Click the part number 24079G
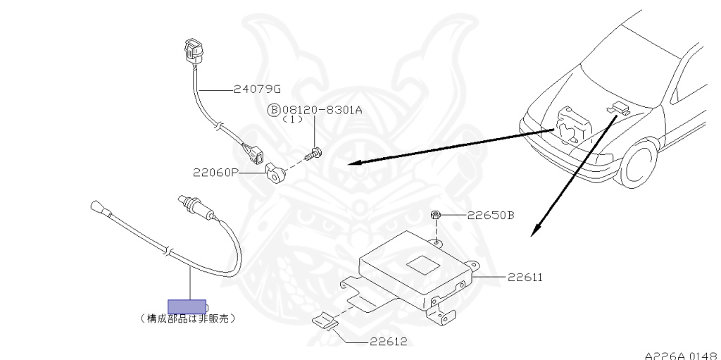257,89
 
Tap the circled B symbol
274,110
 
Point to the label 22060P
215,171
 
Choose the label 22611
525,277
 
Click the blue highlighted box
187,306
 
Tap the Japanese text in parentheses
187,318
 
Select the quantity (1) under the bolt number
292,120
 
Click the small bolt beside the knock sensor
315,153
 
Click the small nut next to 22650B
437,213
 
